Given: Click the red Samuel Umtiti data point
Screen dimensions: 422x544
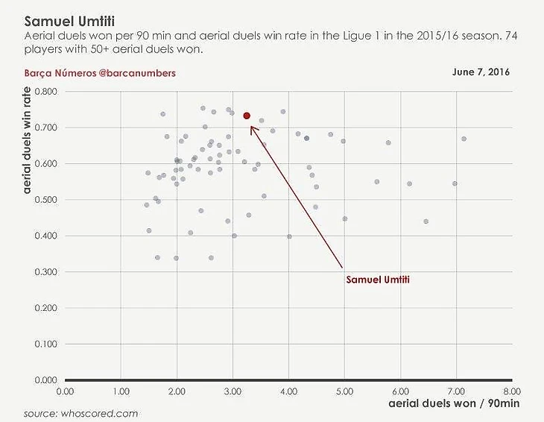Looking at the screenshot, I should [247, 116].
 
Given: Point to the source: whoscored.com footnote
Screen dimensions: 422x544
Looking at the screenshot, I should [80, 413].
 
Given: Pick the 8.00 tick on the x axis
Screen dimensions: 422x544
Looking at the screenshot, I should [511, 391].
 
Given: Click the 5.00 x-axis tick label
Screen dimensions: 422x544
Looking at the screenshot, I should [344, 391].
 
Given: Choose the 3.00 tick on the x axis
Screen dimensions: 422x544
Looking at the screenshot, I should [232, 391].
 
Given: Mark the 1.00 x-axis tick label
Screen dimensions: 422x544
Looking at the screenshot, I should [120, 391].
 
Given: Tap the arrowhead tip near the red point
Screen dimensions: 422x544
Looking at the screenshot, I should [251, 125].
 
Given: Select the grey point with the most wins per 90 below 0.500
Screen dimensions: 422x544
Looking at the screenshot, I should [426, 221].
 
